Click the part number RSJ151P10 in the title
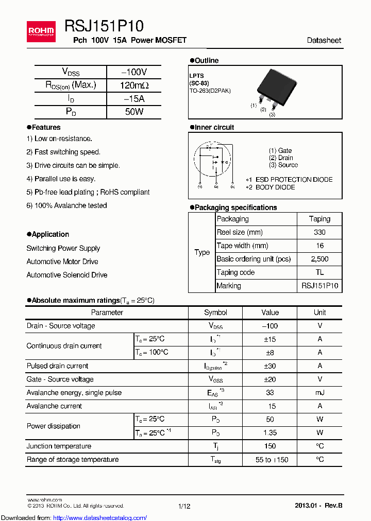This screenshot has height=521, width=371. tap(104, 26)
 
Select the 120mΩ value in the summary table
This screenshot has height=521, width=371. tap(134, 85)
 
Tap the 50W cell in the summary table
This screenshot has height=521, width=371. tap(134, 112)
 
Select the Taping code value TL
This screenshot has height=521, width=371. tap(319, 272)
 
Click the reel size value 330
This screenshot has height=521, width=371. tap(319, 232)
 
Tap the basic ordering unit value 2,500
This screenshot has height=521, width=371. tap(319, 259)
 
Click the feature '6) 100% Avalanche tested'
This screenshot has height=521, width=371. tap(67, 205)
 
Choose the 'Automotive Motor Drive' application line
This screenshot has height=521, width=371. tap(62, 262)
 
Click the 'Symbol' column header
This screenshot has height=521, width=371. tap(215, 312)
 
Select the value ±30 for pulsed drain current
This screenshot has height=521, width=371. tap(270, 366)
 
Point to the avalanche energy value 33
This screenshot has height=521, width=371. tap(270, 393)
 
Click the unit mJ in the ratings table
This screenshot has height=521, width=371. tap(319, 393)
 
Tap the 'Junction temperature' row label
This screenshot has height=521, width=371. tap(59, 446)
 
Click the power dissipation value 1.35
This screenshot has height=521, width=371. tap(270, 433)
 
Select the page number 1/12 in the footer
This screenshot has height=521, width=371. tap(184, 506)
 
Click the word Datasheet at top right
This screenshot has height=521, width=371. tap(324, 40)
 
